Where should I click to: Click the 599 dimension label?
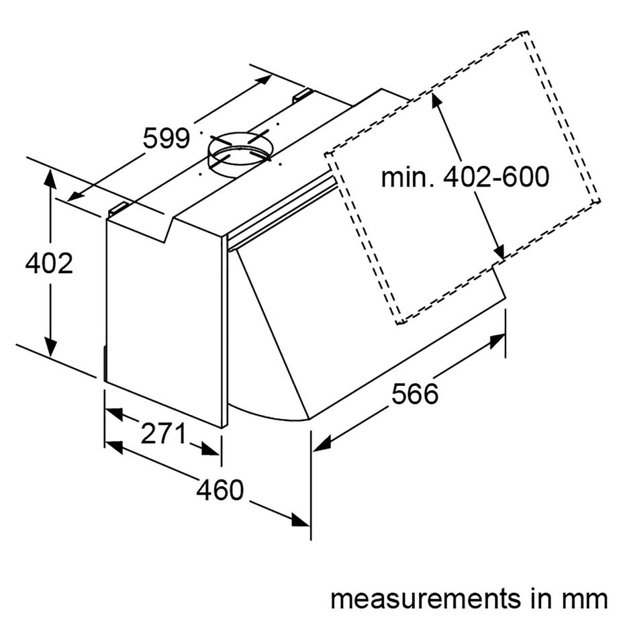(166, 138)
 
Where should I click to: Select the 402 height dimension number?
(48, 264)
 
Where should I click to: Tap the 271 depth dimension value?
(162, 434)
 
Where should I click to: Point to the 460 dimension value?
(220, 491)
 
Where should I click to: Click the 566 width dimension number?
(414, 393)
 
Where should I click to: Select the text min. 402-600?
(465, 177)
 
